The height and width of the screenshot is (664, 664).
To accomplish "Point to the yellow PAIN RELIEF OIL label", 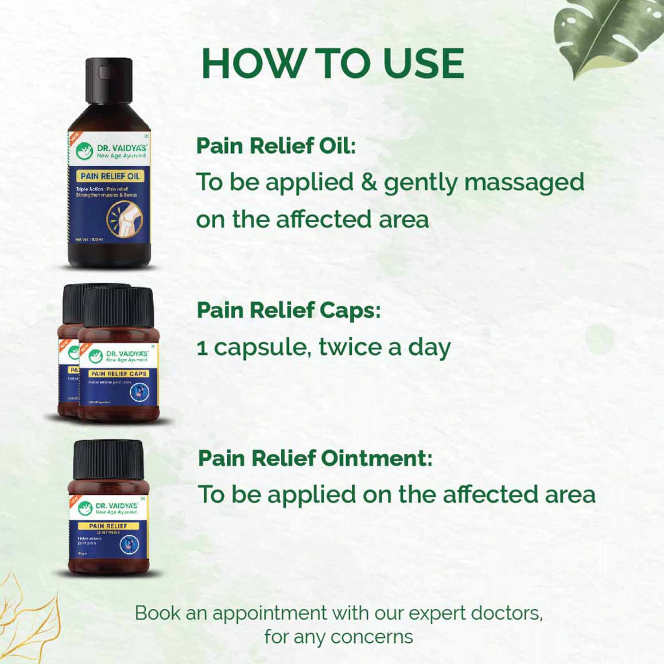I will coord(110,176).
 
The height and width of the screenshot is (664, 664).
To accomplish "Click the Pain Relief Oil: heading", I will coord(276,146).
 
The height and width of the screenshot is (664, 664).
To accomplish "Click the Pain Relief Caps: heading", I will coord(288,310).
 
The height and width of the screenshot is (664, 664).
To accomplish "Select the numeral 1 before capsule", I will coord(202,348).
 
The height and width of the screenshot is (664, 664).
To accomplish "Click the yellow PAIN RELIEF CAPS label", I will coord(119,373).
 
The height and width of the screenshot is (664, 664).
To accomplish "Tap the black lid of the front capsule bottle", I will coord(118,306).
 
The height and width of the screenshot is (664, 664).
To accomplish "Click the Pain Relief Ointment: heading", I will coord(315,458).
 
